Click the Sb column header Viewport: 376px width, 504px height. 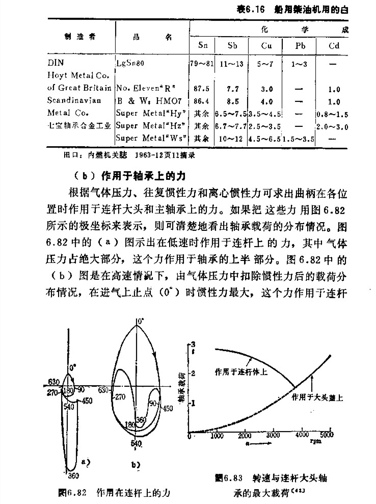(232, 46)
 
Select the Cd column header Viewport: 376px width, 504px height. (334, 46)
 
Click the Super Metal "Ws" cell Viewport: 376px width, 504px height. (151, 138)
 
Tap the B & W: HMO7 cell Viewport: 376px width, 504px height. (143, 101)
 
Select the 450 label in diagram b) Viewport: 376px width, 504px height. (168, 408)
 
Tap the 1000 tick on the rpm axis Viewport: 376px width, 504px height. (218, 436)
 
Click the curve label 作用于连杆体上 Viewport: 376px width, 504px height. (241, 371)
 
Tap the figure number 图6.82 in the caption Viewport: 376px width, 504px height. (73, 493)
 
